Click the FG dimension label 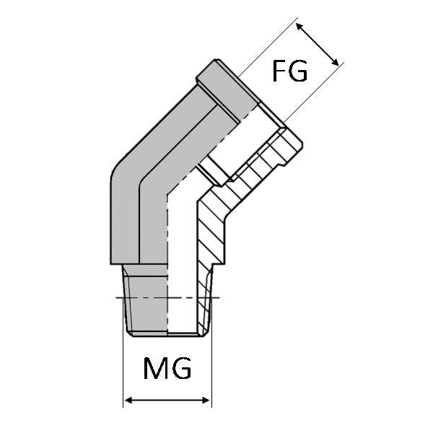pyautogui.click(x=289, y=72)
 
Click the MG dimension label pyautogui.click(x=167, y=369)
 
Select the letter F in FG pyautogui.click(x=279, y=72)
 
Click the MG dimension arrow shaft pyautogui.click(x=167, y=399)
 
